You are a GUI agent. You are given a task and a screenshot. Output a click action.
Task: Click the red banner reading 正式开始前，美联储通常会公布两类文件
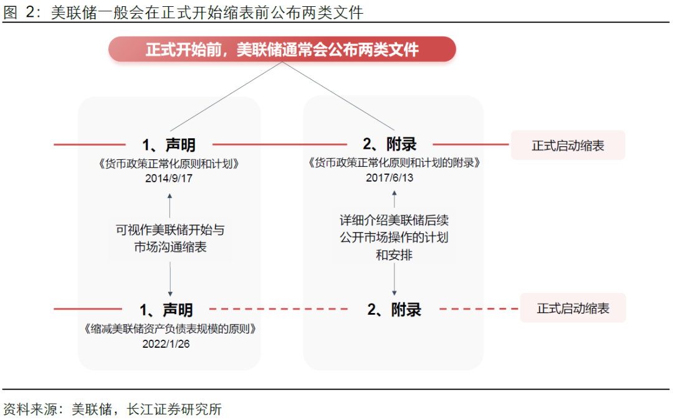click(x=282, y=49)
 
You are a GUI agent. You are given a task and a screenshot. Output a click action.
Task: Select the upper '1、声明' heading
click(x=169, y=145)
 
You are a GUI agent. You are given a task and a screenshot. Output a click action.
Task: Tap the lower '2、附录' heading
click(x=394, y=309)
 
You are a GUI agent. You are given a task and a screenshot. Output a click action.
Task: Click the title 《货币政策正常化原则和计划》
click(x=168, y=164)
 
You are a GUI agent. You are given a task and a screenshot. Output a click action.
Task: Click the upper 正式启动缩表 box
click(x=568, y=146)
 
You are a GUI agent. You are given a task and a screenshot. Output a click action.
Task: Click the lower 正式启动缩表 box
click(x=573, y=309)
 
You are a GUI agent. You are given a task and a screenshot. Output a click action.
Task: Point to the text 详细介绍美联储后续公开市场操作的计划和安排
click(x=394, y=237)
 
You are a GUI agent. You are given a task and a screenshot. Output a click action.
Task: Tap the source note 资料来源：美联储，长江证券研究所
click(x=112, y=409)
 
